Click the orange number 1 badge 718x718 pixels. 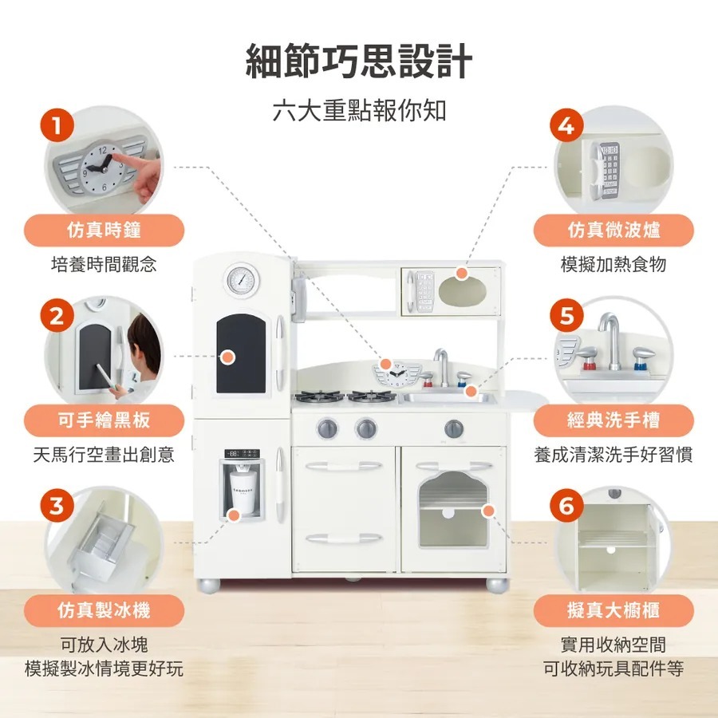coord(57,124)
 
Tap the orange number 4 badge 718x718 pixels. coord(567,124)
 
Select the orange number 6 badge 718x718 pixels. coord(567,506)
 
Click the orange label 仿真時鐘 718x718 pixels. coord(104,230)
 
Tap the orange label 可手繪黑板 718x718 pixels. coord(104,420)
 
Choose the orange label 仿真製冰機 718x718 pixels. coord(104,610)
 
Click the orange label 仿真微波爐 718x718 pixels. coord(613,230)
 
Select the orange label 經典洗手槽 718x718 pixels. coord(613,420)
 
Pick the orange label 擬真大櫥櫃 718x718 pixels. coord(613,610)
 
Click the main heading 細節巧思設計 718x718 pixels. coord(359,61)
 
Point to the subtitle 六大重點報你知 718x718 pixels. coord(359,111)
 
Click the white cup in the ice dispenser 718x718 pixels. coord(243,493)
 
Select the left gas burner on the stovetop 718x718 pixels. coord(319,396)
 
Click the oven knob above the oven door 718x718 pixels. coord(453,428)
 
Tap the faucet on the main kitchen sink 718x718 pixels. coord(442,367)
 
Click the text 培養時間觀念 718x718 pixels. coord(104,264)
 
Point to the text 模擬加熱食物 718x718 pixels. coord(613,264)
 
